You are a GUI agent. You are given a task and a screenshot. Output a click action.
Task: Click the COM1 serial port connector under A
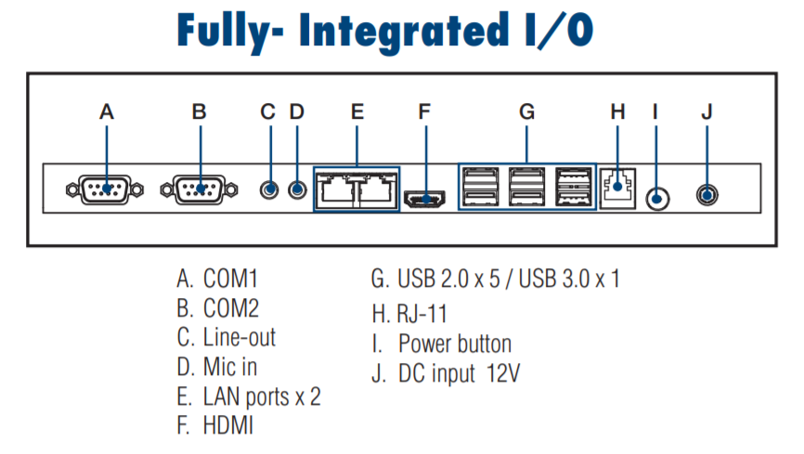[105, 189]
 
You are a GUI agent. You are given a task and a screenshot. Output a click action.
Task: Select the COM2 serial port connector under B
[199, 189]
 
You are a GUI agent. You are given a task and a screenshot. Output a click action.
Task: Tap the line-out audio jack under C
[269, 190]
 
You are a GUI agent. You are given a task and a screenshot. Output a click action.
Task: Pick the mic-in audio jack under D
[297, 190]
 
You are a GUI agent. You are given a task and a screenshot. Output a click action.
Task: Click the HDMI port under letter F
[425, 199]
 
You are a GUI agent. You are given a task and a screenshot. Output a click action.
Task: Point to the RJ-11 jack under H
[618, 188]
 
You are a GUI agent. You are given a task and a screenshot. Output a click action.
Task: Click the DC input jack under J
[707, 195]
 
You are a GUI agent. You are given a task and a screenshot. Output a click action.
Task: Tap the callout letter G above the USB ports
[526, 111]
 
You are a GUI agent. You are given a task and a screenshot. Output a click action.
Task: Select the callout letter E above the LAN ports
[357, 111]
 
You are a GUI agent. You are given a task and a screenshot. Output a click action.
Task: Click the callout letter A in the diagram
[107, 111]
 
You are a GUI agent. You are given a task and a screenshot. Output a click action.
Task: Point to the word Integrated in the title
[404, 31]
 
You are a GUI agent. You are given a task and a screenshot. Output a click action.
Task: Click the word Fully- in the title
[230, 31]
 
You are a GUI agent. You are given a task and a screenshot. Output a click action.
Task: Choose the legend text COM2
[231, 308]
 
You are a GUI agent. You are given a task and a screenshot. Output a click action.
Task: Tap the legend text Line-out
[240, 338]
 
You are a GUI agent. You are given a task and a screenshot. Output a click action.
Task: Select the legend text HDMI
[228, 426]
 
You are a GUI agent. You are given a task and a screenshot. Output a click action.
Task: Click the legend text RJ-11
[421, 314]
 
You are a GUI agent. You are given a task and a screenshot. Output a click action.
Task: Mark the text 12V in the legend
[503, 373]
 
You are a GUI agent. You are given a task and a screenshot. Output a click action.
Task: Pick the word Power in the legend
[424, 344]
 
